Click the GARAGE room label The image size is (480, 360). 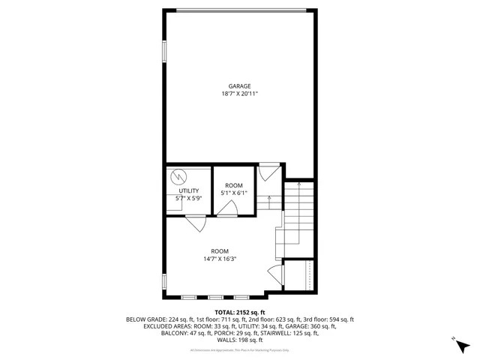[x=240, y=86]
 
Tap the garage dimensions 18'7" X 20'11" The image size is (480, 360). [x=240, y=94]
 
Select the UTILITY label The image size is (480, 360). [x=188, y=190]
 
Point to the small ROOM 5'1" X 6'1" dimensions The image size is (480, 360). [x=233, y=193]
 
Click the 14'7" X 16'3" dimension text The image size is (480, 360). [x=219, y=259]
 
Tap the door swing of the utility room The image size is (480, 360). [x=194, y=223]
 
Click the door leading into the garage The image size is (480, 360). [x=268, y=173]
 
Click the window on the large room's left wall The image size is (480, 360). [x=164, y=283]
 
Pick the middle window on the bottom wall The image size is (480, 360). [x=216, y=294]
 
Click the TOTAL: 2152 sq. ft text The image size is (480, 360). [x=240, y=312]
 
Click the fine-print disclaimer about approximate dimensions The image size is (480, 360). [x=240, y=349]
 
